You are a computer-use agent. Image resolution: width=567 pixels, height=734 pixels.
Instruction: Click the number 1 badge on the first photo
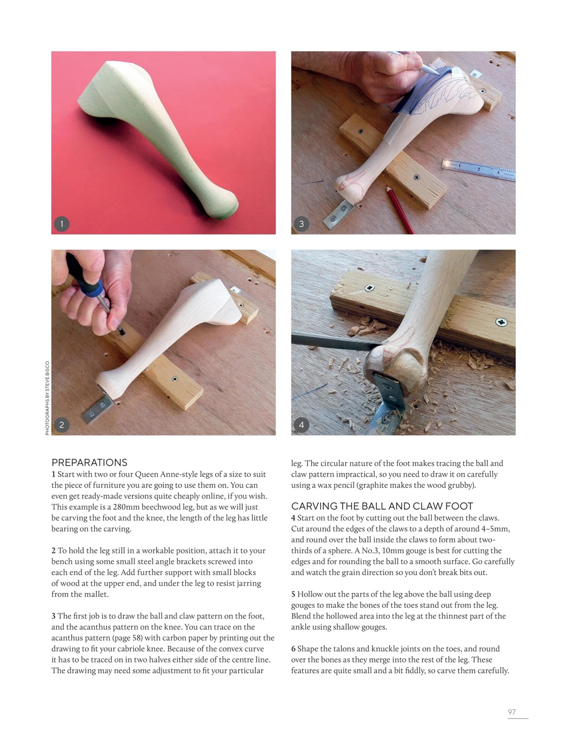point(61,224)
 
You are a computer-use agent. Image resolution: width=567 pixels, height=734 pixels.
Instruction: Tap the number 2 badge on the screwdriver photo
point(61,424)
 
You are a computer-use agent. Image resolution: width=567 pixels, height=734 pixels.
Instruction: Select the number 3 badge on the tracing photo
point(301,224)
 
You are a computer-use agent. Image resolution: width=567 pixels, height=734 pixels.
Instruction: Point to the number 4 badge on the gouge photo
point(301,424)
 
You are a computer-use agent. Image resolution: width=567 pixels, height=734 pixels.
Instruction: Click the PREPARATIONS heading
point(89,462)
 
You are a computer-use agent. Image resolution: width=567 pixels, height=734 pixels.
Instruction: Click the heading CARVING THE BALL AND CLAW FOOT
point(382,506)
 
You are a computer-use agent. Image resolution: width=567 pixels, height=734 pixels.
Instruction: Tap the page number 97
point(511,712)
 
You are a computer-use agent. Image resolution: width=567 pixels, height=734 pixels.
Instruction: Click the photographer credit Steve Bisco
point(47,397)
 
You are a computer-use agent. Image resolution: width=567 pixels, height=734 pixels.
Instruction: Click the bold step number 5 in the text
point(293,594)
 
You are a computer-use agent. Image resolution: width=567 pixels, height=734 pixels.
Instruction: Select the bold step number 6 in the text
point(293,649)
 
